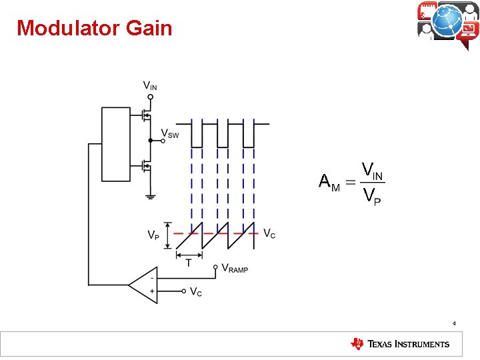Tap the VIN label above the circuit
pos(151,85)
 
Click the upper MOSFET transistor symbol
pos(146,115)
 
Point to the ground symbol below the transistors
pos(151,195)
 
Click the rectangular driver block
pos(115,143)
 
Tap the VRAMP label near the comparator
pos(235,269)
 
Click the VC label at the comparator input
pos(196,291)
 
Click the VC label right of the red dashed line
pos(269,233)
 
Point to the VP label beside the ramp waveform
pos(153,235)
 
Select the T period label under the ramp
pos(189,262)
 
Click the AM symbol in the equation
pos(329,182)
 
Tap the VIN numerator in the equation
pos(371,170)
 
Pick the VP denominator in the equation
pos(371,196)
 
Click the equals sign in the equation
pos(350,181)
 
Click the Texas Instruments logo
pos(400,344)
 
